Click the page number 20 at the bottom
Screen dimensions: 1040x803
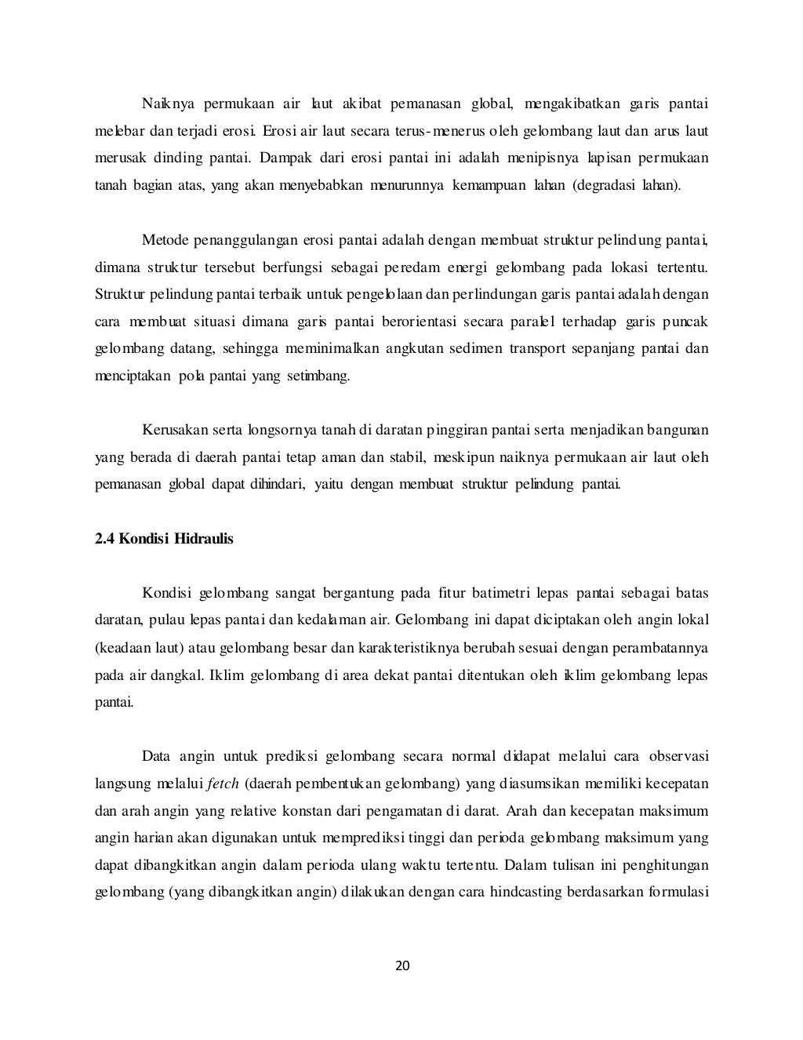pos(401,965)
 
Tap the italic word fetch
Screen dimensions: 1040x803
pos(223,784)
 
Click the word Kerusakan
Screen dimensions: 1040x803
pos(170,430)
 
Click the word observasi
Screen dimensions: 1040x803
pos(677,756)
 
